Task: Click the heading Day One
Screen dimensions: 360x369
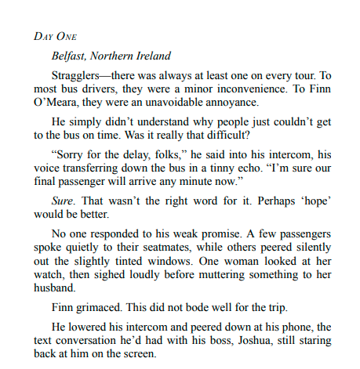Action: [x=54, y=37]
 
